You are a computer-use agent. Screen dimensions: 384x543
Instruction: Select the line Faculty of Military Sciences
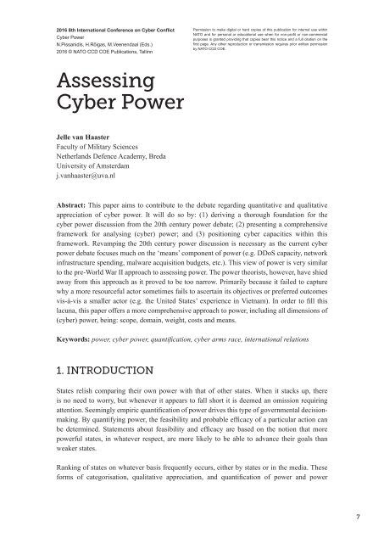click(x=92, y=146)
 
